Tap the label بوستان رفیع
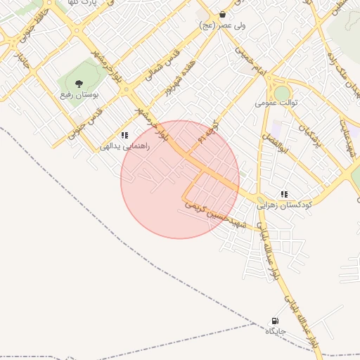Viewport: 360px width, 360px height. [x=79, y=94]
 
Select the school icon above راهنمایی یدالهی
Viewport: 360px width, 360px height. [x=124, y=135]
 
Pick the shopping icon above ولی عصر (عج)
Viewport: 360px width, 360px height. [x=223, y=14]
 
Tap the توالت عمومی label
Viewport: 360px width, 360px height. [x=277, y=103]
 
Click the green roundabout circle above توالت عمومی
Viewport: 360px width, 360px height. [x=282, y=93]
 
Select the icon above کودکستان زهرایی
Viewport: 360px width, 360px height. [x=284, y=194]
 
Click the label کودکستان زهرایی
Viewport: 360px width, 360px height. [x=284, y=205]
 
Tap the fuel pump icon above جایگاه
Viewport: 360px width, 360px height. [x=274, y=321]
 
